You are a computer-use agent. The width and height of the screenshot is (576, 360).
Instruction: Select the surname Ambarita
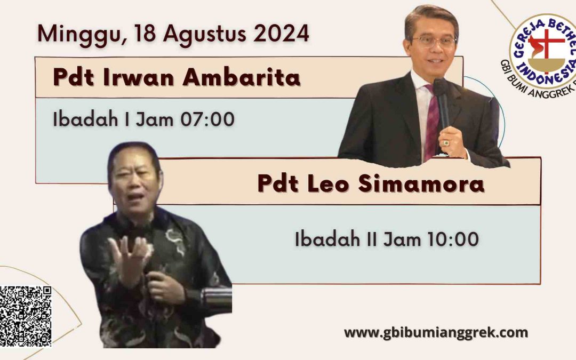(x=242, y=77)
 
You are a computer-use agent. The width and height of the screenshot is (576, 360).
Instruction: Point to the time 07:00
(x=207, y=119)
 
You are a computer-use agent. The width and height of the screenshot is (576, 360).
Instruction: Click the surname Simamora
(x=421, y=183)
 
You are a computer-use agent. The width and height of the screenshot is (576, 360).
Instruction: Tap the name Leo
(x=328, y=183)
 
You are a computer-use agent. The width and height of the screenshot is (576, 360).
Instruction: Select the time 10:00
(x=453, y=239)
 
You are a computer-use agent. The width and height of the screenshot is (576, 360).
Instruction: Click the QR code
(x=26, y=316)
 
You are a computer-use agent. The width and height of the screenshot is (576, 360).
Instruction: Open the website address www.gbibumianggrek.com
(x=436, y=333)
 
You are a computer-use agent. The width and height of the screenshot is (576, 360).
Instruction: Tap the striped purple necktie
(x=431, y=123)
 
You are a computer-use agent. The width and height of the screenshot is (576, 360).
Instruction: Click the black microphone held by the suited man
(x=442, y=102)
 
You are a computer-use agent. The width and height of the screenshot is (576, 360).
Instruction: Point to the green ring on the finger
(x=446, y=143)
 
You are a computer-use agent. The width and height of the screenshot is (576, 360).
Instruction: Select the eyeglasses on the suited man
(x=434, y=41)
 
